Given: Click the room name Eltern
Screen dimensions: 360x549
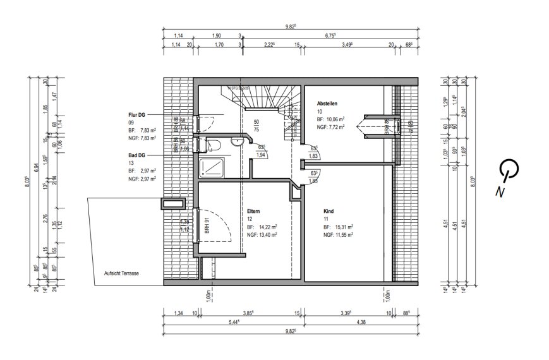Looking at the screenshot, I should pos(254,212).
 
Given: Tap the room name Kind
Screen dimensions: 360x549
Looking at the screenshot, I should pos(329,212).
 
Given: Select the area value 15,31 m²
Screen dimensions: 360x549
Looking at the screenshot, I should pos(342,226).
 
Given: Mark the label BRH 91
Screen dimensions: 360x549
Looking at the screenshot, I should pos(207,226).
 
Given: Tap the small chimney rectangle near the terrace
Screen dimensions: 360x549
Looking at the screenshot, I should pos(172,204).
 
